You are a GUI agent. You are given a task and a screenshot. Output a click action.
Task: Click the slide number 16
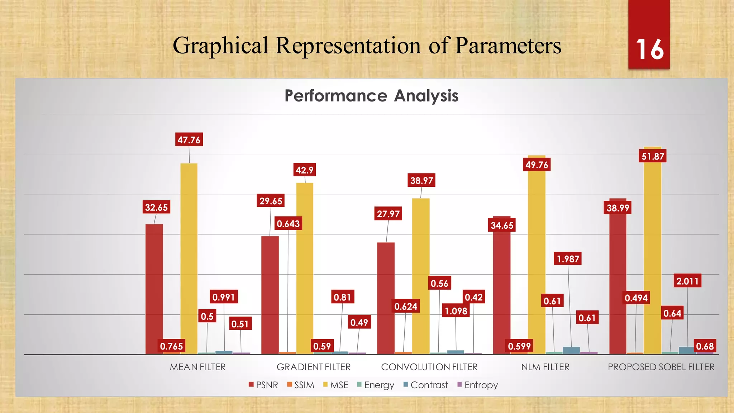pyautogui.click(x=649, y=49)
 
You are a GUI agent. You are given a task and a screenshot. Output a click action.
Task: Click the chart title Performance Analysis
pyautogui.click(x=371, y=96)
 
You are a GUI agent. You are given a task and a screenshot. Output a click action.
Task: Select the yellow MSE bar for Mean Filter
pyautogui.click(x=189, y=258)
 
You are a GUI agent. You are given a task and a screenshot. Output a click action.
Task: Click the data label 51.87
pyautogui.click(x=653, y=156)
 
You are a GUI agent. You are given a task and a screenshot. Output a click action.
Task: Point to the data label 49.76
pyautogui.click(x=537, y=165)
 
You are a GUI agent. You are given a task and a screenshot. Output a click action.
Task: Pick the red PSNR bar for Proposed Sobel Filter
pyautogui.click(x=618, y=280)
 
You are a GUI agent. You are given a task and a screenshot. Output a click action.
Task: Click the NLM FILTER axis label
pyautogui.click(x=545, y=367)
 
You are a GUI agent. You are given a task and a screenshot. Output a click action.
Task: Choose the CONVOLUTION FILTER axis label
pyautogui.click(x=429, y=367)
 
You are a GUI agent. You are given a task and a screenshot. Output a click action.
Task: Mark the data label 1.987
pyautogui.click(x=568, y=259)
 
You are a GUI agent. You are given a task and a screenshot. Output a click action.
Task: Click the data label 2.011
pyautogui.click(x=687, y=281)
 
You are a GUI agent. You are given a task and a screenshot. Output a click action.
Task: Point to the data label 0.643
pyautogui.click(x=288, y=224)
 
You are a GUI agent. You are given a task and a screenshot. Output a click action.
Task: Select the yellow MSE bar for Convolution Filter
pyautogui.click(x=421, y=276)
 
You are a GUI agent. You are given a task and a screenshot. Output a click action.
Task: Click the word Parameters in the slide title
pyautogui.click(x=508, y=46)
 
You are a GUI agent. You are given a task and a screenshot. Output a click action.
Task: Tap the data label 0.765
pyautogui.click(x=171, y=346)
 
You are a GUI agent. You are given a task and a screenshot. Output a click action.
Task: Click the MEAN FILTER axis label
pyautogui.click(x=197, y=367)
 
